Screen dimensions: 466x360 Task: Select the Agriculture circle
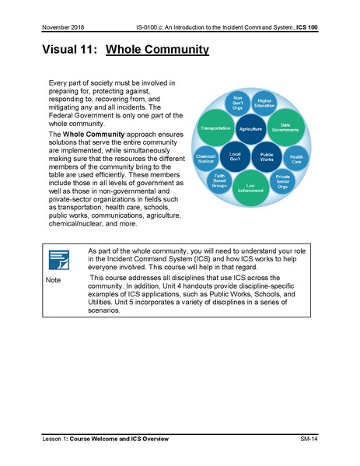point(250,128)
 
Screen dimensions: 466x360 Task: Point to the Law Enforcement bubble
point(250,186)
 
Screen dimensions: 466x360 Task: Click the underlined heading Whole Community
point(157,51)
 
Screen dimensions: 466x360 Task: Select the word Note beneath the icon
point(53,279)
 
